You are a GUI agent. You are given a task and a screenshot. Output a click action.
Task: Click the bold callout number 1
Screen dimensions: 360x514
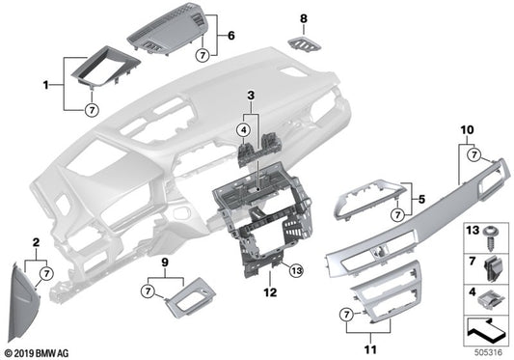pos(45,84)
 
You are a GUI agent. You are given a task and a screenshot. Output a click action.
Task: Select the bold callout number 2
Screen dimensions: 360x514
pos(35,239)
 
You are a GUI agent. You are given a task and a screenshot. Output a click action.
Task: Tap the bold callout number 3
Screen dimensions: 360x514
pos(250,97)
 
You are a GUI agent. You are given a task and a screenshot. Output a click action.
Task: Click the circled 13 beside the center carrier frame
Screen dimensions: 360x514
pos(297,271)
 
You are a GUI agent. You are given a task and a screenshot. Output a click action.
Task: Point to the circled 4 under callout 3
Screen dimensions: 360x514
pos(245,130)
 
